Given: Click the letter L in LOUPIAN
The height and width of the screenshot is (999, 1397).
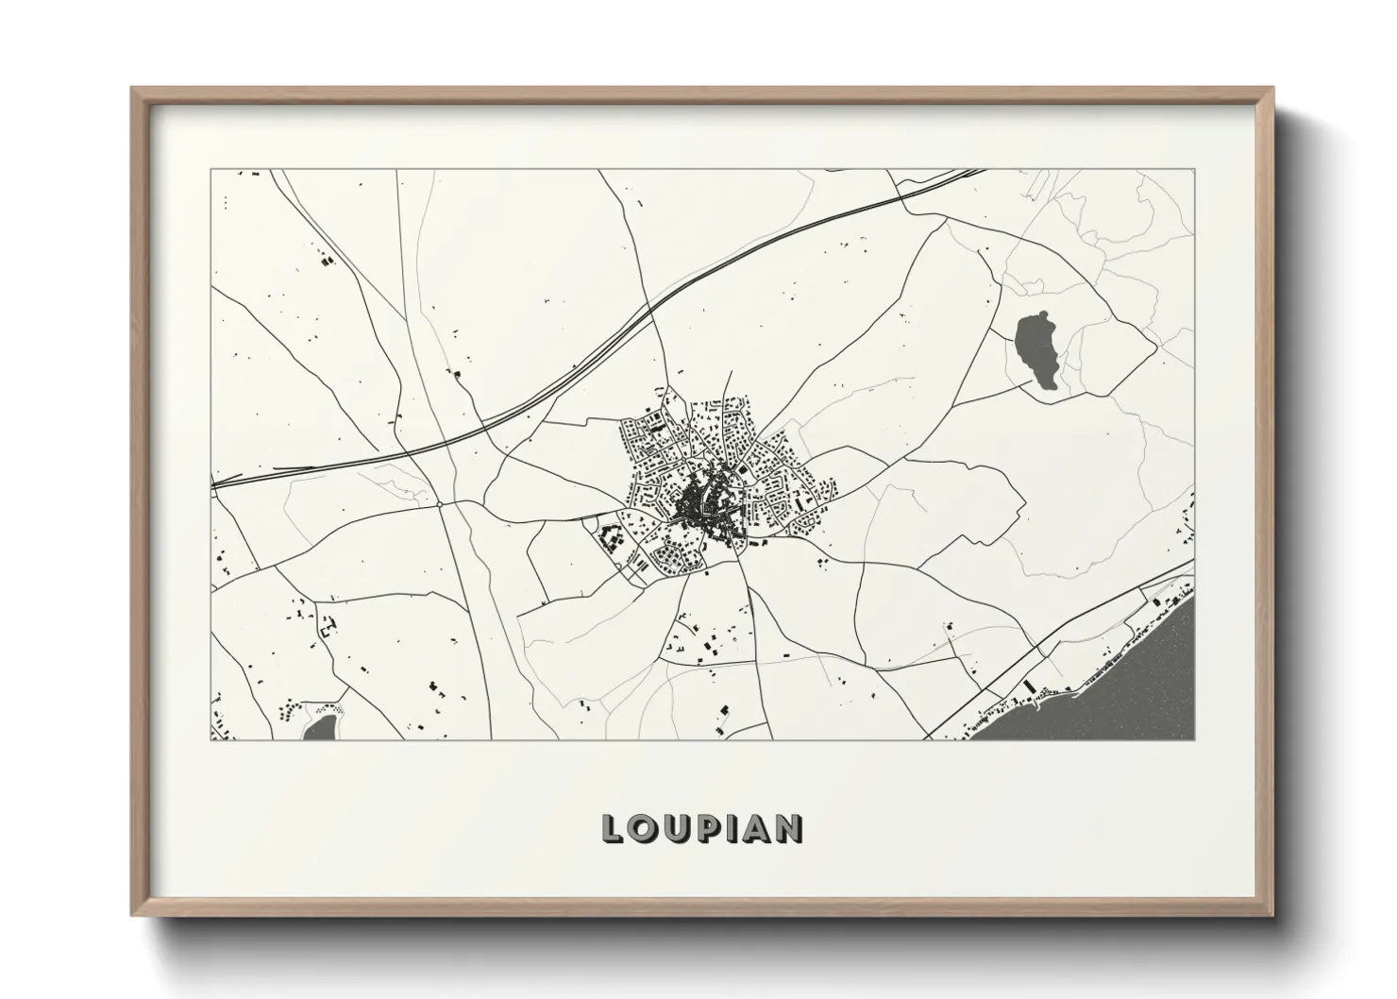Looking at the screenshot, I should (614, 829).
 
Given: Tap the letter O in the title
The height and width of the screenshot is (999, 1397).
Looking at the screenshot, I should (645, 829).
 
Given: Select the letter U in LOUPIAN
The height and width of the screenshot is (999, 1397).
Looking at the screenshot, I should (678, 829).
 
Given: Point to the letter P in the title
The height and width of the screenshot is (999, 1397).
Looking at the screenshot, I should (710, 829).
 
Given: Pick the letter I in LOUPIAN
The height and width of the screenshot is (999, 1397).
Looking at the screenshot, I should (733, 829).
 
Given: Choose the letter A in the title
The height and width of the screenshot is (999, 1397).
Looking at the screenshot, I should (757, 829).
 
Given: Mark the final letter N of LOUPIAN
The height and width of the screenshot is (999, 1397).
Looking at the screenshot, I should (790, 829).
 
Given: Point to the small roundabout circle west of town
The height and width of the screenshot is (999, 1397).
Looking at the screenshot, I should (441, 505).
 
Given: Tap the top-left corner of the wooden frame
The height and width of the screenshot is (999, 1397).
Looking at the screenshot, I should (135, 91).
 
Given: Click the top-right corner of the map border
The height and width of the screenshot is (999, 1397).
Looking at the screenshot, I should (1194, 170).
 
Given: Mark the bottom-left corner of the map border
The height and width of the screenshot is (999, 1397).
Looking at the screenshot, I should (211, 739).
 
